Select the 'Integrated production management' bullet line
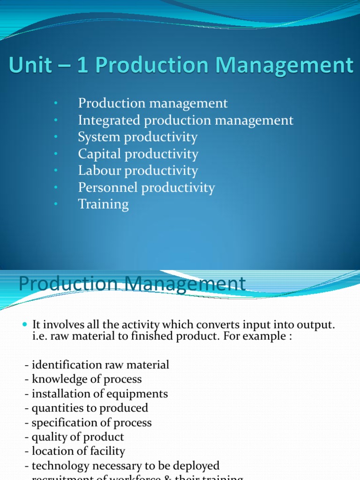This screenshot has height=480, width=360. (186, 120)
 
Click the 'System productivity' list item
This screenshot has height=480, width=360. (138, 137)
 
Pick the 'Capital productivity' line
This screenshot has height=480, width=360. (138, 154)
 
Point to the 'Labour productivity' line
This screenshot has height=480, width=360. (138, 171)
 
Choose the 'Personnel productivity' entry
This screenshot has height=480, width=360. (146, 187)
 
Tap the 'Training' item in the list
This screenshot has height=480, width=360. (103, 204)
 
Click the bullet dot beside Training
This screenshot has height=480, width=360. (55, 204)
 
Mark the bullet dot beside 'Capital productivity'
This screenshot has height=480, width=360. (55, 154)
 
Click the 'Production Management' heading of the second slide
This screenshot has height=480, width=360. (132, 284)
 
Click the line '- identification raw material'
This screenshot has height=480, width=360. (97, 365)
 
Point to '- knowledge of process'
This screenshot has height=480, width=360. (83, 379)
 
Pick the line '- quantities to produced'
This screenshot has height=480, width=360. (86, 408)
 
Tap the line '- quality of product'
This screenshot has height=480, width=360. (75, 437)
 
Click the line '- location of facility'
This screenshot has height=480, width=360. (75, 452)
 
